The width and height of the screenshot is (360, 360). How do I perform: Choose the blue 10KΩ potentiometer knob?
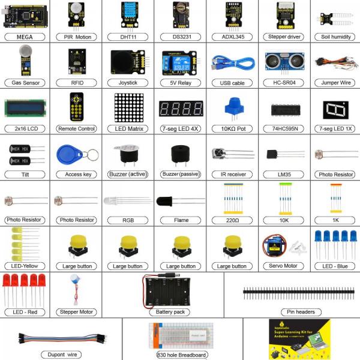click(x=232, y=109)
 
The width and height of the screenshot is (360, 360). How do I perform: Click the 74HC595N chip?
click(x=282, y=109)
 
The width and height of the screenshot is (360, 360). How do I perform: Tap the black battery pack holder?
click(x=170, y=292)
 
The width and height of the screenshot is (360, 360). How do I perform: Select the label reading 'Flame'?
click(x=181, y=220)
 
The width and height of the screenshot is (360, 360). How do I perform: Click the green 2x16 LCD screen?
click(x=26, y=108)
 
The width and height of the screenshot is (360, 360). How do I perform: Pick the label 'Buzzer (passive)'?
click(x=180, y=174)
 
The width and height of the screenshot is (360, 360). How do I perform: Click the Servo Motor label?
click(x=282, y=265)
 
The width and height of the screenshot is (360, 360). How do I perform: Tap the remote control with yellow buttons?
click(x=77, y=107)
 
